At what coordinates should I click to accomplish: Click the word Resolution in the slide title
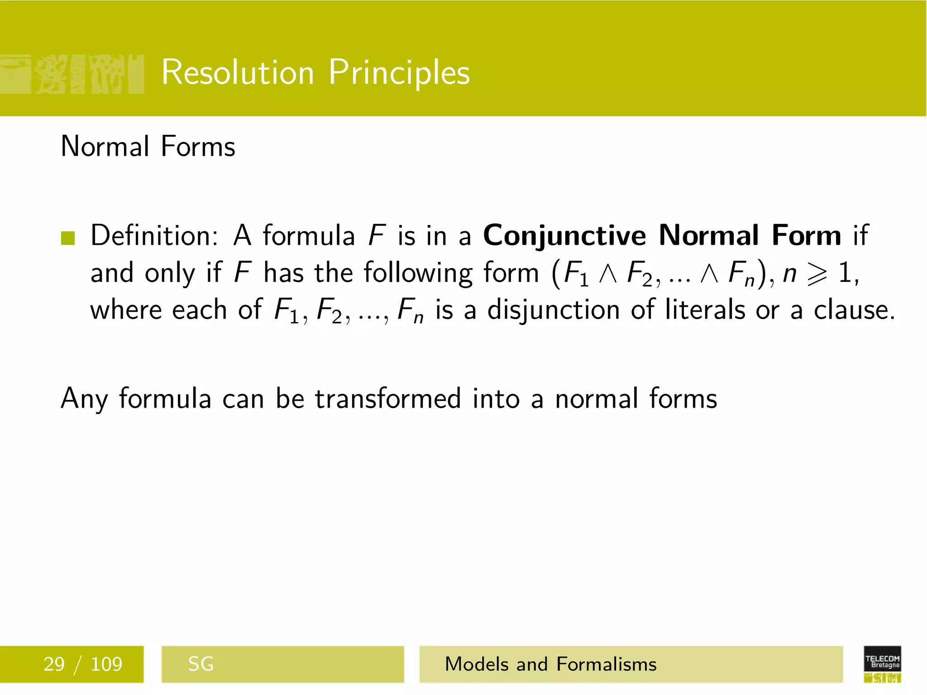pyautogui.click(x=238, y=72)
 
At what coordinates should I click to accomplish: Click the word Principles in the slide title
pyautogui.click(x=399, y=72)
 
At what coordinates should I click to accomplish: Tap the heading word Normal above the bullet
pyautogui.click(x=105, y=147)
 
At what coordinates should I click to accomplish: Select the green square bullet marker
pyautogui.click(x=67, y=238)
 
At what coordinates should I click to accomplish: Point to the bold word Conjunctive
pyautogui.click(x=565, y=236)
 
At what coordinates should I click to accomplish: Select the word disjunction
pyautogui.click(x=554, y=310)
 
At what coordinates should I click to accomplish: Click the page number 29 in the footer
pyautogui.click(x=54, y=664)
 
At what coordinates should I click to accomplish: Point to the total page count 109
pyautogui.click(x=106, y=664)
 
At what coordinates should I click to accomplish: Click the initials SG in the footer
pyautogui.click(x=201, y=664)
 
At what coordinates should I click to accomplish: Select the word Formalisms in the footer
pyautogui.click(x=607, y=664)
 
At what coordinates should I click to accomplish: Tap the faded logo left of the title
pyautogui.click(x=72, y=74)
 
